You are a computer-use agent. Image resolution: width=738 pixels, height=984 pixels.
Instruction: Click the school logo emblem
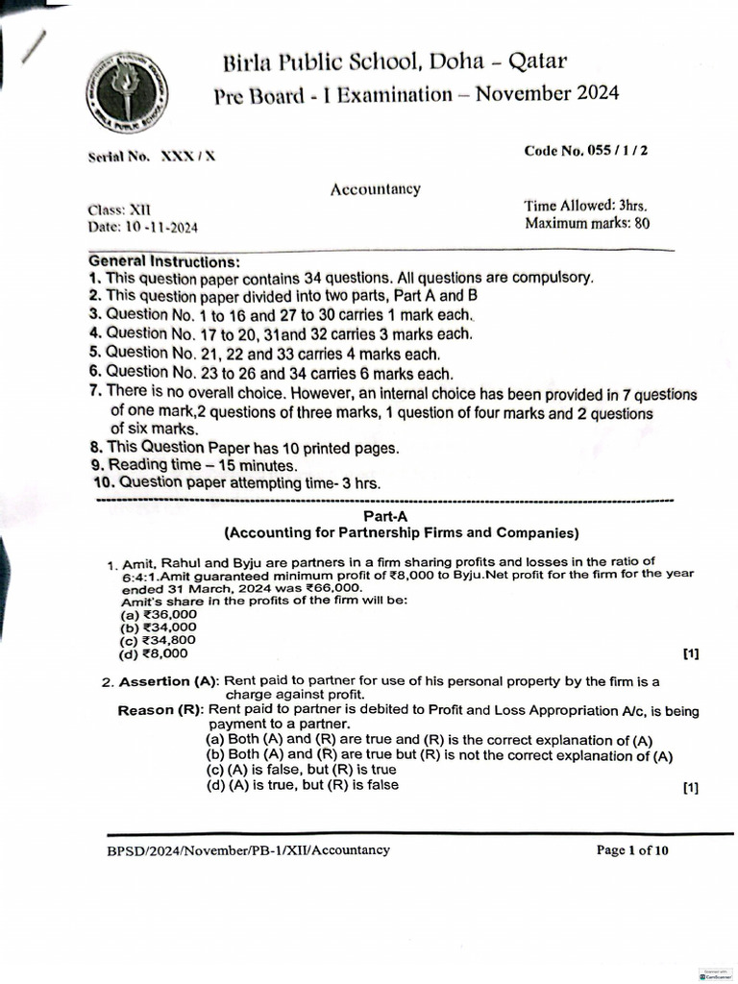pos(124,94)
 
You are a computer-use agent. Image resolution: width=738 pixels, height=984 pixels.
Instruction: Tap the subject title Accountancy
pos(376,189)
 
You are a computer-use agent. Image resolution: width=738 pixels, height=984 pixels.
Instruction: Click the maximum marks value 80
pos(641,224)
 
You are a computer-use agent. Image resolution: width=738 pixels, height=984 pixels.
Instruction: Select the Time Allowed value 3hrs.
pos(632,206)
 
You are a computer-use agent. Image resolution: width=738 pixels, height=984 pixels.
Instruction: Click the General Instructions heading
pos(164,261)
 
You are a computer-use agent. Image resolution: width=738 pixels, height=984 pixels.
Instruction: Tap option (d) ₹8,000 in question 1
pos(154,653)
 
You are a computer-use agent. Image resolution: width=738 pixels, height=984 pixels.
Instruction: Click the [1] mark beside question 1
pos(690,654)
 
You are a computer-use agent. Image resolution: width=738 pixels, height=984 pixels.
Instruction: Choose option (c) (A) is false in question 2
pos(301,770)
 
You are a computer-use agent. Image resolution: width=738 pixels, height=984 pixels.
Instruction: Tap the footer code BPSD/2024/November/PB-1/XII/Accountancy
pos(249,850)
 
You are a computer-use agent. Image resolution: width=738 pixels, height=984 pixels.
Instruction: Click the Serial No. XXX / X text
pos(152,156)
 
